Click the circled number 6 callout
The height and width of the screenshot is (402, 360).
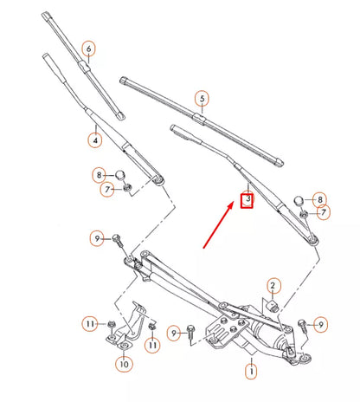click(x=88, y=48)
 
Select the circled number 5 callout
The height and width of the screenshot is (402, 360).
click(x=201, y=99)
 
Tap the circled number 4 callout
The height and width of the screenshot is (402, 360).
click(x=93, y=137)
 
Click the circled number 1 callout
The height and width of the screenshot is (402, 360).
click(x=252, y=373)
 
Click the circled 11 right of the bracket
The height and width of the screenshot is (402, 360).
click(x=152, y=345)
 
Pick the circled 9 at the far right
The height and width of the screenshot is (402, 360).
click(x=321, y=325)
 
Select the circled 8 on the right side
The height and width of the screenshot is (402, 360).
click(x=319, y=199)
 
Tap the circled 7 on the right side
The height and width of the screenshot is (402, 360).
click(x=323, y=212)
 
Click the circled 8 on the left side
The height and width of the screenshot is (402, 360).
click(x=100, y=176)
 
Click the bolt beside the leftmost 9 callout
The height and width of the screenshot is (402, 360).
click(x=118, y=242)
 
